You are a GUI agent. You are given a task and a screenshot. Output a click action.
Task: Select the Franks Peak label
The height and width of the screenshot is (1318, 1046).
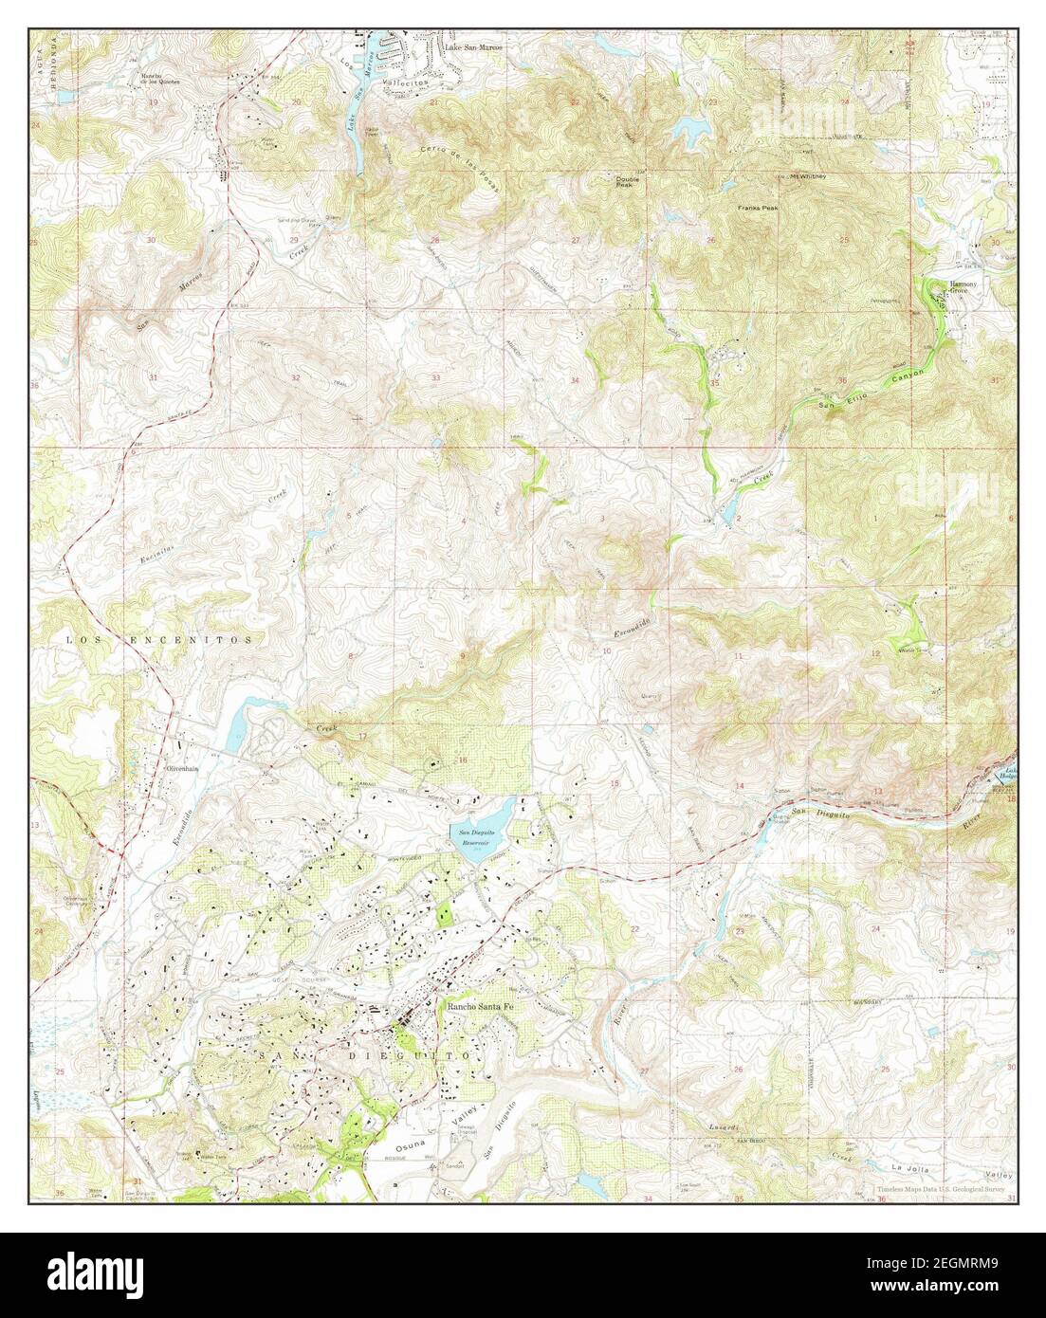(758, 206)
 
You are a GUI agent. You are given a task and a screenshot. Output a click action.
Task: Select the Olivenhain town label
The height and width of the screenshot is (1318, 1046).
(181, 767)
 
